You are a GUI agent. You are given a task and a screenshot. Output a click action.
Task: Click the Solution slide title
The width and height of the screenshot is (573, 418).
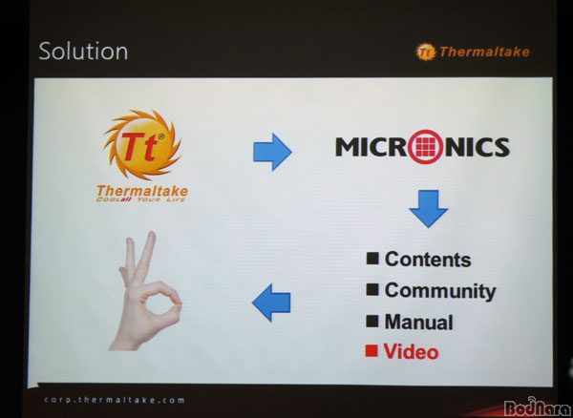(83, 52)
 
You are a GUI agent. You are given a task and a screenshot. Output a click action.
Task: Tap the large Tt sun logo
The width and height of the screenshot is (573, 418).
(142, 145)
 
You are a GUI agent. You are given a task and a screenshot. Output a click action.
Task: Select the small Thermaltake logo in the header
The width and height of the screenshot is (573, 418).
(473, 52)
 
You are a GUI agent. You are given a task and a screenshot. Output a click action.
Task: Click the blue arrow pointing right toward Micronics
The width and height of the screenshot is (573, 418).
(272, 152)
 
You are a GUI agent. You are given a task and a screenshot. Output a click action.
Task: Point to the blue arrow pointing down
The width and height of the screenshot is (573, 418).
(428, 208)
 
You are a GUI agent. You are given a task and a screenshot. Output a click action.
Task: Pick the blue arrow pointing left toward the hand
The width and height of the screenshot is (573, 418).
(271, 303)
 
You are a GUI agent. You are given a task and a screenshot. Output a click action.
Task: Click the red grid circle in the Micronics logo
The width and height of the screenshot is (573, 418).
(425, 147)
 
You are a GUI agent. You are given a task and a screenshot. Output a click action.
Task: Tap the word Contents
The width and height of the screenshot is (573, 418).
(428, 260)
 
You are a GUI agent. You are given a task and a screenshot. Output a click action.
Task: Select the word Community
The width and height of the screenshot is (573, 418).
(440, 291)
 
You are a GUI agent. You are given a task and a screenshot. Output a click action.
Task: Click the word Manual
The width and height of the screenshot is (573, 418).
(419, 322)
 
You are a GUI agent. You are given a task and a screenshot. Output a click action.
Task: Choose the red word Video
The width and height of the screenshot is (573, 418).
(411, 351)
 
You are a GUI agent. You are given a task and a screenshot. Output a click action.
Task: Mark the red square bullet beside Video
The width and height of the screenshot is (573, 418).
(371, 351)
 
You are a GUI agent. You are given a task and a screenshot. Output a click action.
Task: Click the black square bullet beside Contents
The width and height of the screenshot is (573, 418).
(372, 258)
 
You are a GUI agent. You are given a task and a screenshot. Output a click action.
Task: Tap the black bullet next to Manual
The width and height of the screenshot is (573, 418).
(372, 321)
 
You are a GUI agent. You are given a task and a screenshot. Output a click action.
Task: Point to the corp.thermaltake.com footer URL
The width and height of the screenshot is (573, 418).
(115, 400)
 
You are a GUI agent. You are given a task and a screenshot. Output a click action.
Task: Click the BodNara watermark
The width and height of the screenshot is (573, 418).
(538, 407)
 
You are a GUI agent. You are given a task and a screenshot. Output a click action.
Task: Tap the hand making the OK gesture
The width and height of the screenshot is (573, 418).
(145, 291)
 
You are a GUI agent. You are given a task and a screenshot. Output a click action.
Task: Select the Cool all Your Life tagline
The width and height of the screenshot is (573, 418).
(141, 199)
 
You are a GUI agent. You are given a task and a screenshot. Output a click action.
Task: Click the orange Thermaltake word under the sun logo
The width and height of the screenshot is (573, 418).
(142, 191)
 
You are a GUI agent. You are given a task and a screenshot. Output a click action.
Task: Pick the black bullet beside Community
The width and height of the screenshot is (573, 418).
(372, 289)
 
